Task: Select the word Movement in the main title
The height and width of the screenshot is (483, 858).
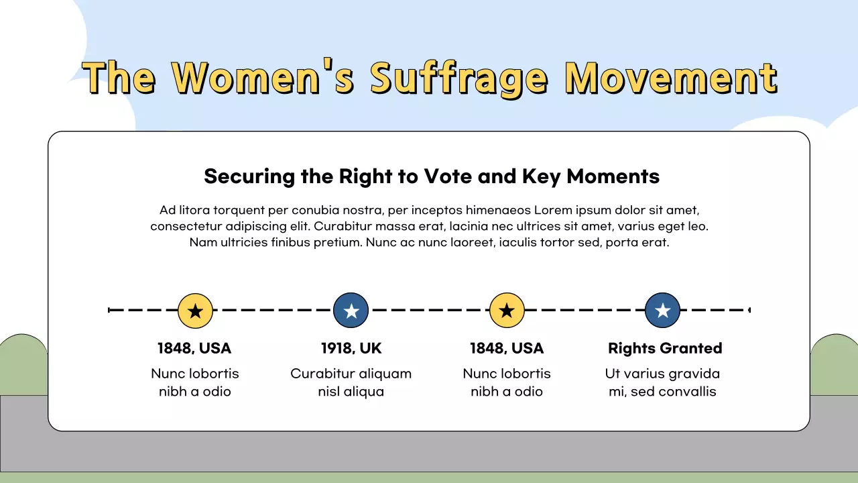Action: (x=671, y=78)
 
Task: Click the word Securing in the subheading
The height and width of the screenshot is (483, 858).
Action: (x=249, y=176)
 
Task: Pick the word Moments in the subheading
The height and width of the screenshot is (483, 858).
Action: (x=613, y=176)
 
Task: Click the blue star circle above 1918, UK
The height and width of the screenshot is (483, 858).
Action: (x=351, y=311)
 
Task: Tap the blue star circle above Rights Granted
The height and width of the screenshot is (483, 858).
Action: (x=663, y=311)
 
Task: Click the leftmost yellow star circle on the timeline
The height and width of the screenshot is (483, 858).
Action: (x=195, y=311)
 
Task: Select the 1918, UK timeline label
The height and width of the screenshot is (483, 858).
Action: (x=351, y=348)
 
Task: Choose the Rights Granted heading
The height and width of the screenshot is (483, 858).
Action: (x=665, y=348)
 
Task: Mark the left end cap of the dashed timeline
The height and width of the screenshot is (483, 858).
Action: (x=109, y=310)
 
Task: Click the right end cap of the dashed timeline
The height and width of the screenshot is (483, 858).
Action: (x=749, y=310)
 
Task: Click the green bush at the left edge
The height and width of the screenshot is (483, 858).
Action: (x=23, y=364)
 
